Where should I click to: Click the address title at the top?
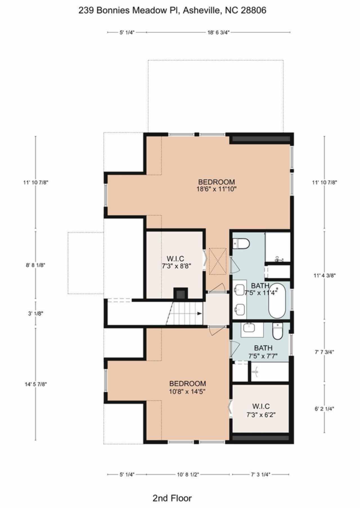click(x=172, y=10)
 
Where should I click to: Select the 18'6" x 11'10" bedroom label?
click(x=216, y=185)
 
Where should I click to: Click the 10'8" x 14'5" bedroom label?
click(x=187, y=387)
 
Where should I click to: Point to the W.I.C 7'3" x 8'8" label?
click(x=176, y=262)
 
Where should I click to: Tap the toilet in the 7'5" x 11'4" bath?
click(x=242, y=244)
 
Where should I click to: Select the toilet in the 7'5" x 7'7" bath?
click(x=277, y=332)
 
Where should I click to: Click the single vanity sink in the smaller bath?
click(x=249, y=328)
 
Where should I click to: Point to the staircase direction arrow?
click(x=199, y=314)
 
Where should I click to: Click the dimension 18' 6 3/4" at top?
click(x=219, y=32)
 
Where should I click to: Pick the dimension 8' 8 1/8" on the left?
click(x=35, y=265)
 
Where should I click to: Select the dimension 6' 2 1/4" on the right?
click(x=324, y=409)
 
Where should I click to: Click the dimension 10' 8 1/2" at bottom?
click(x=188, y=475)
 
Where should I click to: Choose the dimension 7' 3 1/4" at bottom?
click(x=260, y=475)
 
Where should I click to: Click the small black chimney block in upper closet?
click(x=180, y=294)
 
